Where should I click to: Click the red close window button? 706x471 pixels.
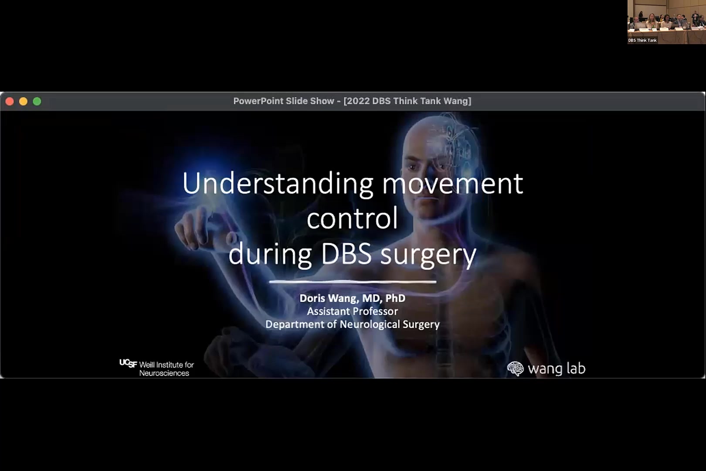point(10,102)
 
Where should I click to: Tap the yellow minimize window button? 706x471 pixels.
point(24,102)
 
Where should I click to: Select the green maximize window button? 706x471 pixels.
point(37,102)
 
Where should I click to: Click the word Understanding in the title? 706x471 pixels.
point(278,184)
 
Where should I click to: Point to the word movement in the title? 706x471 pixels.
point(452,184)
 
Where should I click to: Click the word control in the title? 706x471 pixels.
point(352,218)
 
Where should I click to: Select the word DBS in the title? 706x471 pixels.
point(346,254)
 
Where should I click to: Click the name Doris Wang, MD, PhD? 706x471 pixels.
point(352,298)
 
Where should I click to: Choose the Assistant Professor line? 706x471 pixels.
point(352,311)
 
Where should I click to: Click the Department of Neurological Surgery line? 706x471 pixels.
point(352,324)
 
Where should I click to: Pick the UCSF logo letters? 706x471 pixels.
point(128,363)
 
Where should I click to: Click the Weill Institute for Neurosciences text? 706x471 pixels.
point(166,369)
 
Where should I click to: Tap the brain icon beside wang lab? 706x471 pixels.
point(515,369)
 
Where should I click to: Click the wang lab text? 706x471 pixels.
point(557,369)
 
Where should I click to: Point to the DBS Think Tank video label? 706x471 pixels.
point(642,41)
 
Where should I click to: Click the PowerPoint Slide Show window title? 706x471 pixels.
point(352,101)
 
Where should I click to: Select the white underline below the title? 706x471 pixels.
point(352,282)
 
